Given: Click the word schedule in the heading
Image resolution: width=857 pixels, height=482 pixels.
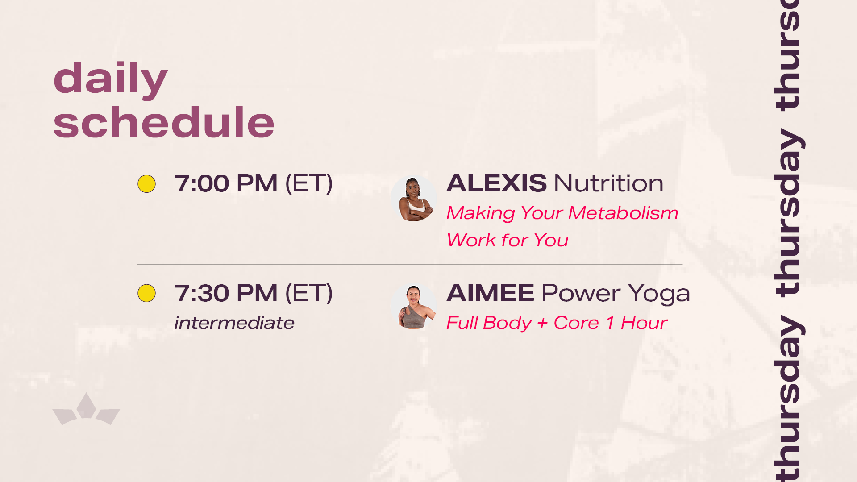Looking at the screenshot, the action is point(164,122).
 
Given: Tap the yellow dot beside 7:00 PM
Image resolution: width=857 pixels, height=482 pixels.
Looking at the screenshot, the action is point(146,184).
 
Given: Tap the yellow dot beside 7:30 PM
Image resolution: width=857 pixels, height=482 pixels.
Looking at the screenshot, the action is point(146,293).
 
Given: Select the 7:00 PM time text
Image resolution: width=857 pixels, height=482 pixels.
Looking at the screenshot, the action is point(226,183).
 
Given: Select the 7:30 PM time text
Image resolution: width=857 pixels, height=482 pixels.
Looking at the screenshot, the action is point(226,293).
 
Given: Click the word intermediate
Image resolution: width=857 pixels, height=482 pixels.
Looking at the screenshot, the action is point(234,323).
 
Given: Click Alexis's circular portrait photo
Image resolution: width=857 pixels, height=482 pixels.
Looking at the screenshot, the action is point(414,198).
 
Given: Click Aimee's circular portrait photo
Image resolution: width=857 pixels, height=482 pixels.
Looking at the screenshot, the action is point(414,307).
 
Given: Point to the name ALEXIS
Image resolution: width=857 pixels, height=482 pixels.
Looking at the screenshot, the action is point(496,183).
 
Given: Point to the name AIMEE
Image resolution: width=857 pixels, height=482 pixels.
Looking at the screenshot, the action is point(490,293).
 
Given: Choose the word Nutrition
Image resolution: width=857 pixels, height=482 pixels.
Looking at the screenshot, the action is point(609,183).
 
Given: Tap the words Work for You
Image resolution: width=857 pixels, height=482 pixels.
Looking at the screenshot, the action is point(508,240).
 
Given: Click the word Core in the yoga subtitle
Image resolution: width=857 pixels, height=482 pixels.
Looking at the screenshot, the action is point(576,323).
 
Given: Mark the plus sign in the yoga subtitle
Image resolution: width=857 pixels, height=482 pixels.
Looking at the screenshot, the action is point(543,323).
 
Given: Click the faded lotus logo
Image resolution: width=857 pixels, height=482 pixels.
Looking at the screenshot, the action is point(86,409).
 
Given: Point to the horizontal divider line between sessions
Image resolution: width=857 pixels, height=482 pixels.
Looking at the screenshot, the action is point(410,265).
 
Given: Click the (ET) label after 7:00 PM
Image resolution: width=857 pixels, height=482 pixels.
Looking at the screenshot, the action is point(309,183).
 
